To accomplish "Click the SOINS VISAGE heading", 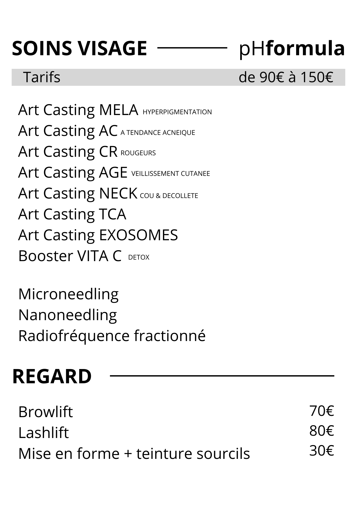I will pyautogui.click(x=79, y=48).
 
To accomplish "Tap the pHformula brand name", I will pyautogui.click(x=292, y=49).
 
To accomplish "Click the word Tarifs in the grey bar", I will pyautogui.click(x=42, y=77).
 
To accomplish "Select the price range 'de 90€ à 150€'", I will pyautogui.click(x=286, y=77).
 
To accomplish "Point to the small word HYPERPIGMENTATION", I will pyautogui.click(x=177, y=112).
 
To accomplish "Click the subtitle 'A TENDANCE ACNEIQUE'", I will pyautogui.click(x=158, y=133).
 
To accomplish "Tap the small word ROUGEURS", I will pyautogui.click(x=138, y=153).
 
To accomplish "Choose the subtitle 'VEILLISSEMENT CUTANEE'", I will pyautogui.click(x=171, y=174).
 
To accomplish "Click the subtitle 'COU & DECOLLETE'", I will pyautogui.click(x=169, y=196).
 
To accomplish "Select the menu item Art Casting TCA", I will pyautogui.click(x=72, y=214).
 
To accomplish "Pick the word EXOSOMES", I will pyautogui.click(x=138, y=235).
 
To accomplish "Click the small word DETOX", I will pyautogui.click(x=139, y=257).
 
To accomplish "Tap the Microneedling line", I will pyautogui.click(x=68, y=294).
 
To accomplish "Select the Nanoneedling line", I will pyautogui.click(x=68, y=315).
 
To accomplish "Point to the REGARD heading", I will pyautogui.click(x=52, y=376).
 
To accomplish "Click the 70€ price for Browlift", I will pyautogui.click(x=322, y=411).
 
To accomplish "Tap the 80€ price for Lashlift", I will pyautogui.click(x=322, y=431).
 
